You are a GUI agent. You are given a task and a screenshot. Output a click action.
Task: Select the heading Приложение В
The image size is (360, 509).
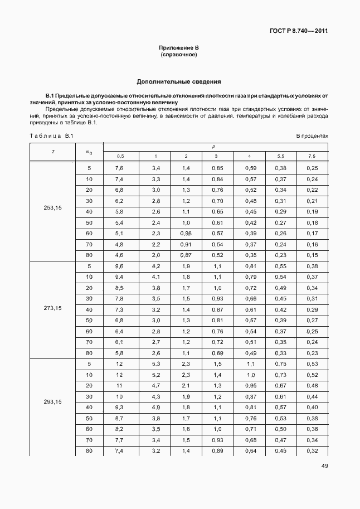point(179,49)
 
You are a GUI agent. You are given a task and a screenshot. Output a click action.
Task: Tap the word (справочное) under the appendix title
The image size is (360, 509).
point(179,56)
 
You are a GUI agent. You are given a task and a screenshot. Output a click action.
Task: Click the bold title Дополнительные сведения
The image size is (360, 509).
point(179,81)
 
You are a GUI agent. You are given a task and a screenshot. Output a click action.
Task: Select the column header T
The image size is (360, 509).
point(52,152)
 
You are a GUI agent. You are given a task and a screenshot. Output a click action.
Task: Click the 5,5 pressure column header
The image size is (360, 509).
point(281,156)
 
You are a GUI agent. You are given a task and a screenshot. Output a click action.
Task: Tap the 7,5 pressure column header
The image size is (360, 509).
point(312,156)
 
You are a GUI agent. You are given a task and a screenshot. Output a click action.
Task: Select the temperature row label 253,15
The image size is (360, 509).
point(52,207)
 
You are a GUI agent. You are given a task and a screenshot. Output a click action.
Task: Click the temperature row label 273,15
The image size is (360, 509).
point(52,308)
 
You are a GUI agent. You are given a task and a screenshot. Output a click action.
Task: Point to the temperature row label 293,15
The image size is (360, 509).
point(52,401)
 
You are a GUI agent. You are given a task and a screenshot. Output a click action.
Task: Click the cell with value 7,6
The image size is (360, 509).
point(119,168)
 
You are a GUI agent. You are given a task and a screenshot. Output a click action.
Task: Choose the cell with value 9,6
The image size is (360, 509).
point(119,266)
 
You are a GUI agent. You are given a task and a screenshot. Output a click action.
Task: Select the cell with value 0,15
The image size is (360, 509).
point(312,255)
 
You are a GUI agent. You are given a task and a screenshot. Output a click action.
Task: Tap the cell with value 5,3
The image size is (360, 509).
point(155,365)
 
